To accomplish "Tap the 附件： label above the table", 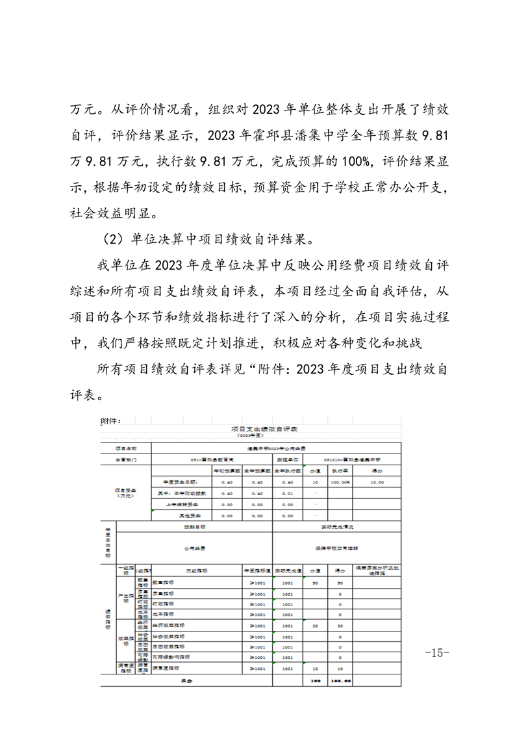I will click(x=112, y=420).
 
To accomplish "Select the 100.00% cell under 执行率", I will click(x=340, y=482).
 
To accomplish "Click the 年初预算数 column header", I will click(x=227, y=470).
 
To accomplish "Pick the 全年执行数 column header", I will click(x=288, y=470).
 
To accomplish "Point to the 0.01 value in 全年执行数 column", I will click(x=288, y=493).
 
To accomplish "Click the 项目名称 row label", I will click(x=125, y=448).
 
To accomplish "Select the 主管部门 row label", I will click(x=125, y=459).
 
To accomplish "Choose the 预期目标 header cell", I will click(x=194, y=526).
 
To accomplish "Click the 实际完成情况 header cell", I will click(x=337, y=526).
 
